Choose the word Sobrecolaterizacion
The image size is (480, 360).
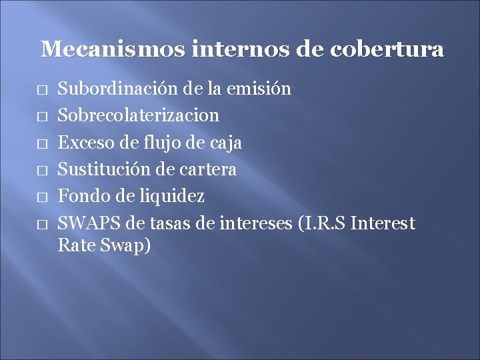click(139, 115)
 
